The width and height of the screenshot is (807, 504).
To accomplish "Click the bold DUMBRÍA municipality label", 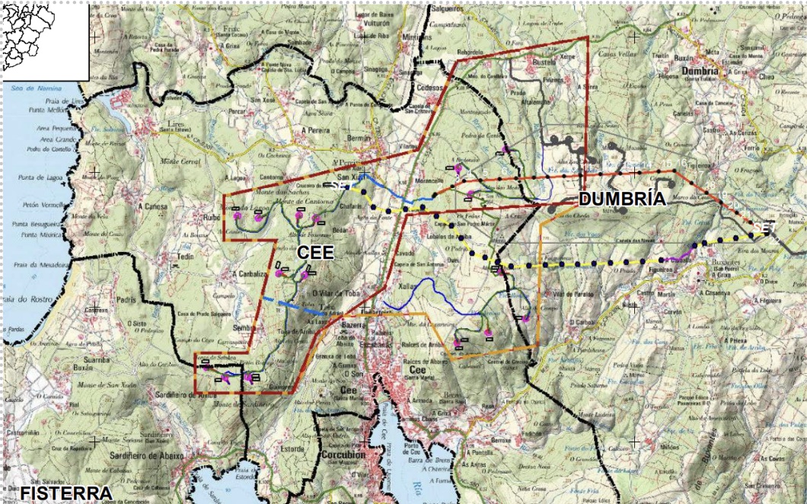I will (x=622, y=199).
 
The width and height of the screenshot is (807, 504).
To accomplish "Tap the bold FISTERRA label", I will (x=66, y=493).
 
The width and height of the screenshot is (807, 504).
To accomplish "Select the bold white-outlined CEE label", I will (x=315, y=252).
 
